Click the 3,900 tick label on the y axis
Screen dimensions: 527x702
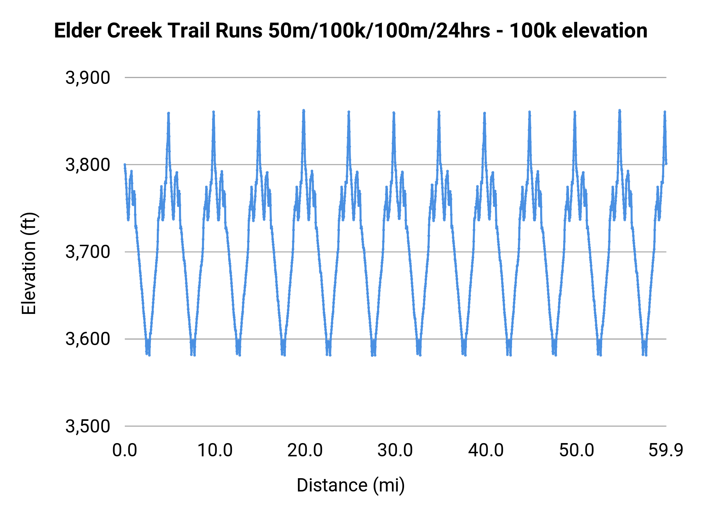tap(88, 78)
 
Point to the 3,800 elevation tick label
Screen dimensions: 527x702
tap(88, 165)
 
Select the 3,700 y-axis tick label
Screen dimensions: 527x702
tap(88, 252)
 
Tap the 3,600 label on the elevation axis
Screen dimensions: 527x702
tap(88, 339)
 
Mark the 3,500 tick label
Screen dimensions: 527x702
tap(88, 426)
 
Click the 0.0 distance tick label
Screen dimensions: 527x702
tap(125, 450)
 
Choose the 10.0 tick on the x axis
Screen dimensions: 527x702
tap(215, 450)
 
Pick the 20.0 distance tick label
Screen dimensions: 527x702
tap(305, 450)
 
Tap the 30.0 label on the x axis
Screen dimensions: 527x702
tap(395, 450)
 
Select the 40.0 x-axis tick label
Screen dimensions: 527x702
tap(486, 450)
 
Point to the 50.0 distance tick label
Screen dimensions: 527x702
tap(576, 450)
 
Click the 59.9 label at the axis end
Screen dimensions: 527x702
tap(666, 450)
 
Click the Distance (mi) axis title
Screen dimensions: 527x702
tap(351, 485)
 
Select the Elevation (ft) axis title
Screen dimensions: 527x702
tap(29, 263)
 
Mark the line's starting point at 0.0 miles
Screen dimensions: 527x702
tap(125, 165)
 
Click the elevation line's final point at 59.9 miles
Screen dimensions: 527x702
tap(666, 163)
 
